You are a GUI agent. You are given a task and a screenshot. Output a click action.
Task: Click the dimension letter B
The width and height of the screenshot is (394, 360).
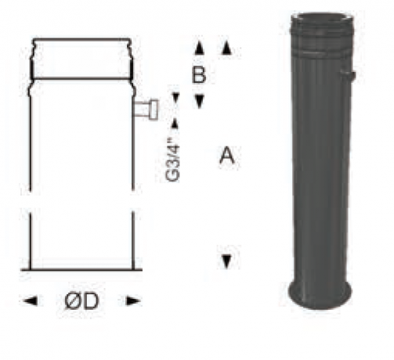point(199,74)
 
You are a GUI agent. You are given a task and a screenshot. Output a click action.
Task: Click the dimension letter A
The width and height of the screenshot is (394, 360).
point(226,155)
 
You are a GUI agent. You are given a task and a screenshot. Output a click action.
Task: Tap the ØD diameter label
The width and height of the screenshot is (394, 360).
point(81,301)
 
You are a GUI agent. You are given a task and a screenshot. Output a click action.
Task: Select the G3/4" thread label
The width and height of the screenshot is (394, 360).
point(173,161)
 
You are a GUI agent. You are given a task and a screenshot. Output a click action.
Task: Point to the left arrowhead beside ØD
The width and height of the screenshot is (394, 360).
point(31,301)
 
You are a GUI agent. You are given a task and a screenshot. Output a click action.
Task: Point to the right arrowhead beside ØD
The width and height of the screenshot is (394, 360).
point(133,301)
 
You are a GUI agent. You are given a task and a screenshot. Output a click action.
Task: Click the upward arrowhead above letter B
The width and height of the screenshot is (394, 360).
point(199,48)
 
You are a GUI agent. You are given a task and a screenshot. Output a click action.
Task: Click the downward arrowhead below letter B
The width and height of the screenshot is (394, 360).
point(199,102)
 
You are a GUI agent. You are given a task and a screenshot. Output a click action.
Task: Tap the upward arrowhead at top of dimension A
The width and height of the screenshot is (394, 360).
point(226,48)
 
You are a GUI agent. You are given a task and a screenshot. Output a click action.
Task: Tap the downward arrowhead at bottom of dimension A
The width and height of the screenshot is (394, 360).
point(226,261)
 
